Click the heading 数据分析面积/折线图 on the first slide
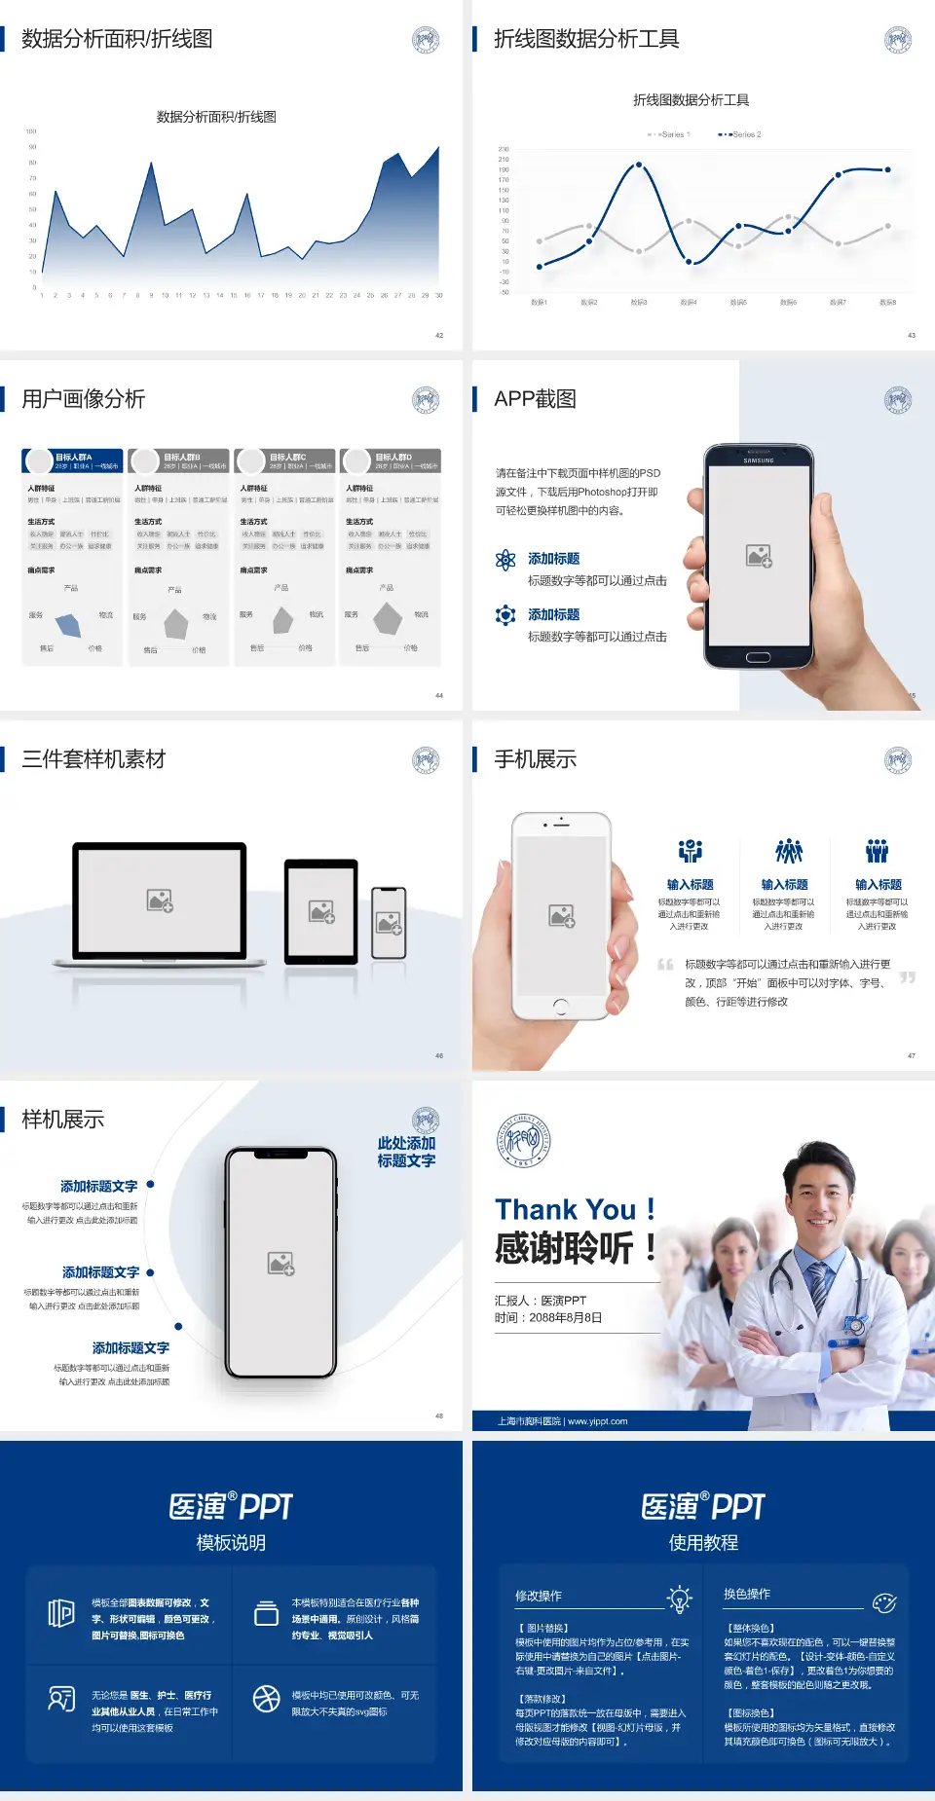click(x=117, y=39)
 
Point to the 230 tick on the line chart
click(x=504, y=149)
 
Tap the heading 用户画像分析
click(x=83, y=399)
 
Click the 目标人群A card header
click(x=73, y=460)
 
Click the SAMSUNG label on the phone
click(x=758, y=460)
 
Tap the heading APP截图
click(x=535, y=399)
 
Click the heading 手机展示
click(x=535, y=759)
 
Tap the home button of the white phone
click(x=561, y=1006)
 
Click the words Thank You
click(x=565, y=1210)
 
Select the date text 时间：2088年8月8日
click(x=548, y=1318)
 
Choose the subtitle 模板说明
click(x=231, y=1543)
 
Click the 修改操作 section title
click(x=539, y=1597)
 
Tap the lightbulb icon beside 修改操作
click(x=679, y=1599)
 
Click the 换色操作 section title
click(x=747, y=1595)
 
